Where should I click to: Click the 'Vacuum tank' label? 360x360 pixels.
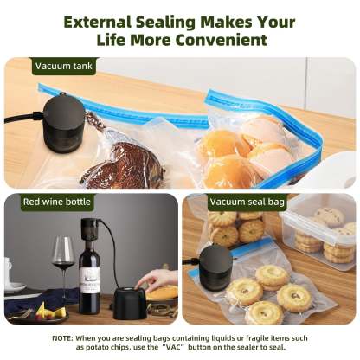click(63, 66)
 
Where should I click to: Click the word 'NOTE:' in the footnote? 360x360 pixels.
click(62, 337)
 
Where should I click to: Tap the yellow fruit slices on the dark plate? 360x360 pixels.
click(48, 311)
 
